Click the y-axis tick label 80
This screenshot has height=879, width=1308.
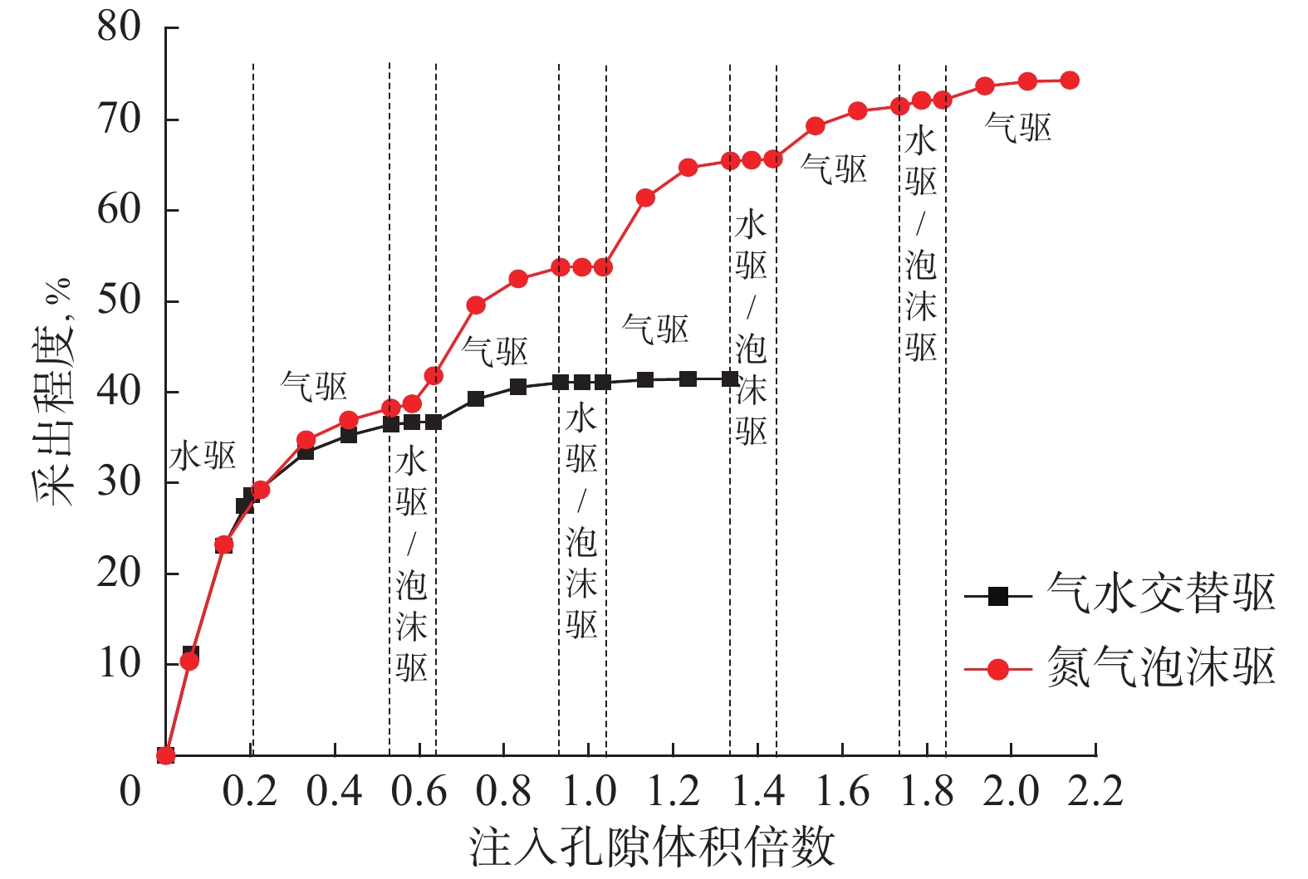[x=120, y=27]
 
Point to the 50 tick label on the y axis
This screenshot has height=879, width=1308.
[x=120, y=300]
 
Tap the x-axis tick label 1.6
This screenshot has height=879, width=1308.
[x=842, y=792]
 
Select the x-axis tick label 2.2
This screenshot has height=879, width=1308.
[x=1095, y=792]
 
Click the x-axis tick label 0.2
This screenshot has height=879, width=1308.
[x=249, y=792]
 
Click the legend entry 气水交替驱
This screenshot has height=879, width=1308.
[x=1161, y=594]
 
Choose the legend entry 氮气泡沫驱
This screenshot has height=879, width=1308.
[x=1161, y=667]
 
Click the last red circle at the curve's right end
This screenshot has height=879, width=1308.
[x=1070, y=81]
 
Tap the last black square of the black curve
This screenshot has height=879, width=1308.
[x=730, y=379]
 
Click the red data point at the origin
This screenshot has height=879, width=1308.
[x=166, y=754]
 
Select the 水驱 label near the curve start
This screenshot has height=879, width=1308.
[x=203, y=457]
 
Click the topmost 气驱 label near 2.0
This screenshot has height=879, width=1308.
[x=1017, y=129]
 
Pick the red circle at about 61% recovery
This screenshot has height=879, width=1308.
[x=645, y=198]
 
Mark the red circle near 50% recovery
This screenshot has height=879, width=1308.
[x=476, y=305]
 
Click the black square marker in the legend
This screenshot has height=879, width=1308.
[x=997, y=596]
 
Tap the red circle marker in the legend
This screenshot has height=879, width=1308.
[x=997, y=669]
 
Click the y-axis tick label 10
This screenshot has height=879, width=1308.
[x=120, y=663]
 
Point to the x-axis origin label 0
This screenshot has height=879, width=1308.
[x=130, y=792]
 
